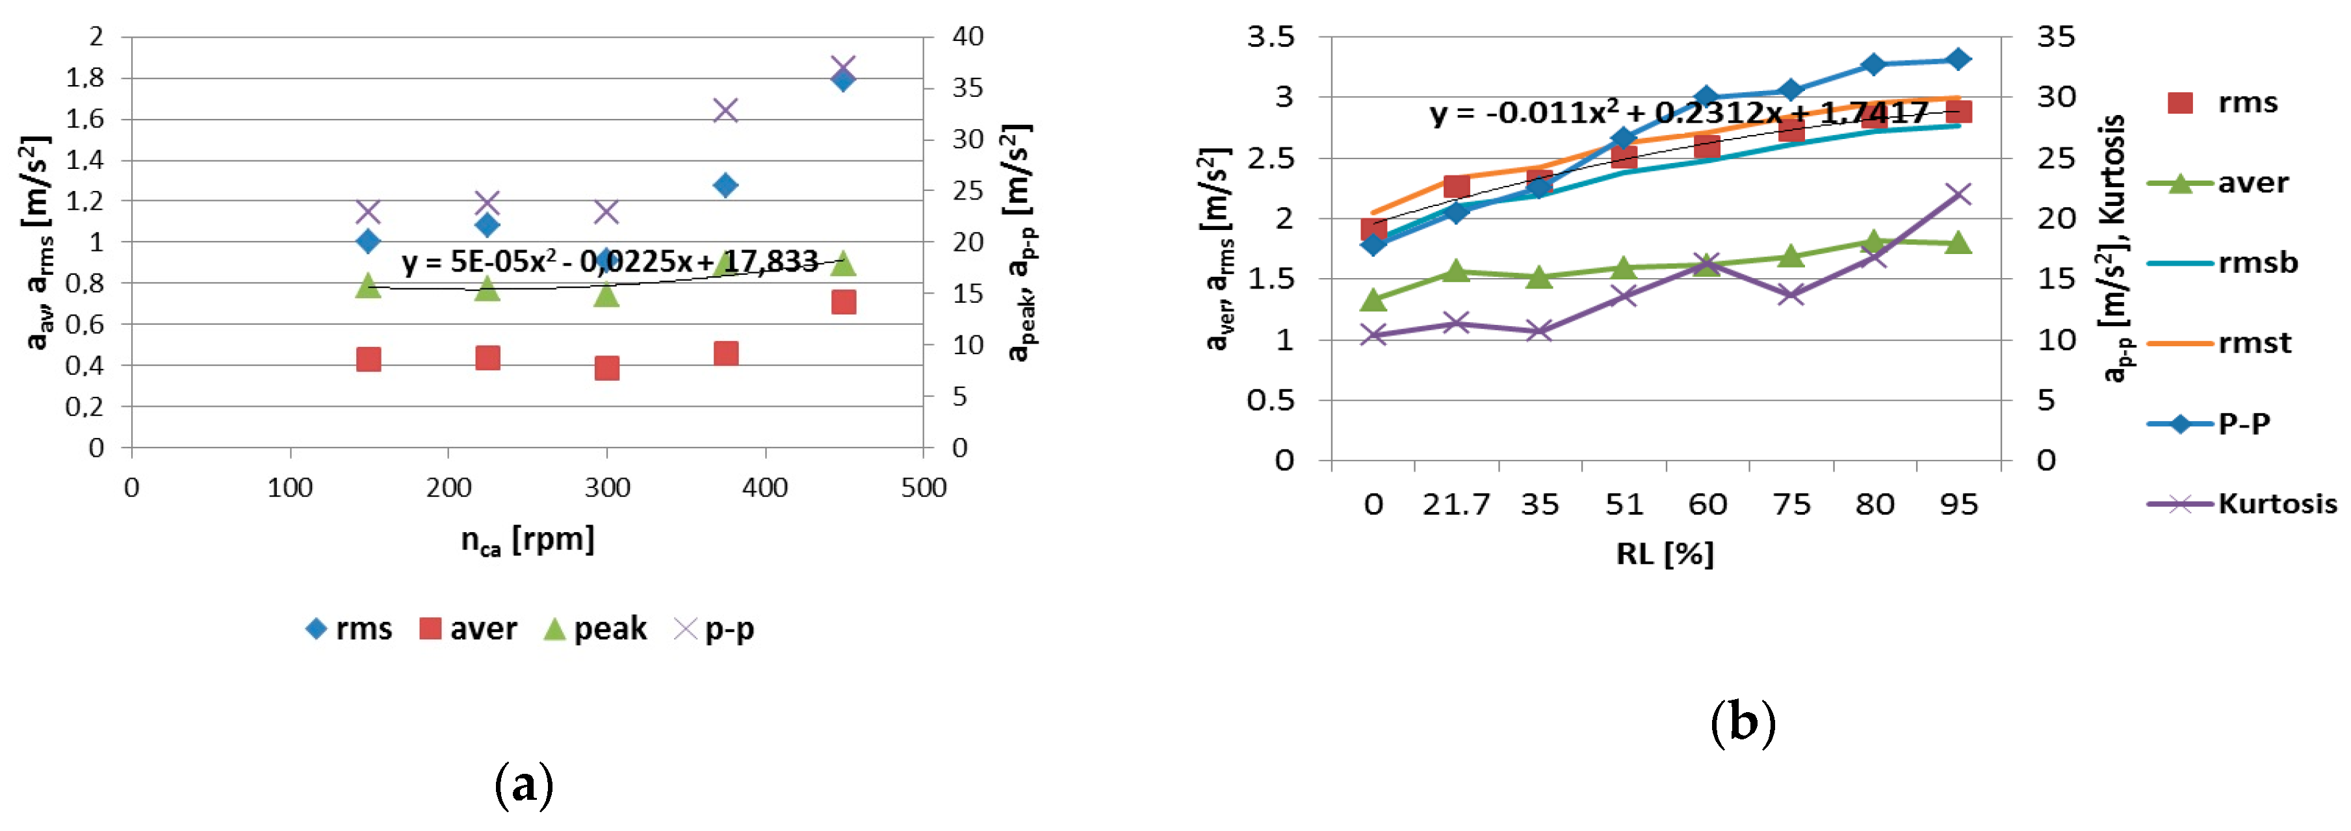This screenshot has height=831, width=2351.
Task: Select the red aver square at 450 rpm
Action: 843,302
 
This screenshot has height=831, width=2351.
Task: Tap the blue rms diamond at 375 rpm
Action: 725,185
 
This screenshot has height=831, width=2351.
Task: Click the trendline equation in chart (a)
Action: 610,262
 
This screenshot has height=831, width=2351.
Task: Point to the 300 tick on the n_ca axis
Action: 607,488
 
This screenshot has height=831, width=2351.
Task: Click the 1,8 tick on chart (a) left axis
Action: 85,79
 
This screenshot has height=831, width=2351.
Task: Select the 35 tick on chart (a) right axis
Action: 967,88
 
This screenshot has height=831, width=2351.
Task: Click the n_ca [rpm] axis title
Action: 528,540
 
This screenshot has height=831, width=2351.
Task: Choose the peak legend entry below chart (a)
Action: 595,628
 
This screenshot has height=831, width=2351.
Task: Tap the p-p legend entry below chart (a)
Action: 714,628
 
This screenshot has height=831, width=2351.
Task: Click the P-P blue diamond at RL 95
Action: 1958,59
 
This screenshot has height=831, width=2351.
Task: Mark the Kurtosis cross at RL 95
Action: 1958,194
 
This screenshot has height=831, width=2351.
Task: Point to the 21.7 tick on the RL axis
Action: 1456,504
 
